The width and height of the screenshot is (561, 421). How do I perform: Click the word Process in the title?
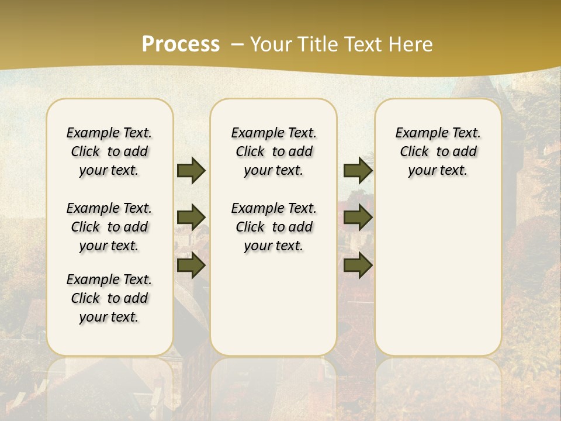(181, 44)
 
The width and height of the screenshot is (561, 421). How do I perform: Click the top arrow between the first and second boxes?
(191, 170)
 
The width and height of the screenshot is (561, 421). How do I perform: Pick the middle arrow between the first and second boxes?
(191, 218)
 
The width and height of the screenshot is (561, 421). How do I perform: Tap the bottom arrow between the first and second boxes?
(191, 265)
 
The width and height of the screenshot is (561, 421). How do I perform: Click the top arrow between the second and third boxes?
(358, 170)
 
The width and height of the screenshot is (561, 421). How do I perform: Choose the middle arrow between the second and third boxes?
(358, 218)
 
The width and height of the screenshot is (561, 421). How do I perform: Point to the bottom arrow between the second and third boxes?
(358, 265)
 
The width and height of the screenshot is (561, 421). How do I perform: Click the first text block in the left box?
(109, 151)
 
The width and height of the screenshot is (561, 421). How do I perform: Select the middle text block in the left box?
(109, 227)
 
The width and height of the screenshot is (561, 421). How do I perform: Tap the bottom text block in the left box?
(109, 298)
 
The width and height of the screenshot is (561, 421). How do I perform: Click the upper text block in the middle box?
(273, 151)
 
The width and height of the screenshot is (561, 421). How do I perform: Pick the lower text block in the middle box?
(273, 227)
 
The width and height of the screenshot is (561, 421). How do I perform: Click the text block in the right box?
(438, 151)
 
